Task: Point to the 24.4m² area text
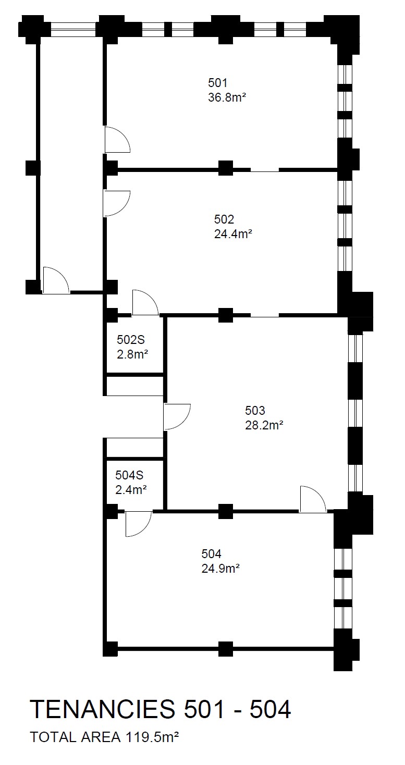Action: coord(233,234)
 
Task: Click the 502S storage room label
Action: coord(130,340)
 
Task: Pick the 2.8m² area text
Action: coord(132,354)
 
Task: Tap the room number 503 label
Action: coord(255,410)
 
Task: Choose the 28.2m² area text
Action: coord(264,425)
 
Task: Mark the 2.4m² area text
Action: coord(130,489)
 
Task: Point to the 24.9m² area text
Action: coord(220,568)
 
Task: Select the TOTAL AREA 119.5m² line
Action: coord(105,737)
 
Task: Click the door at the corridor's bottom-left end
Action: coord(56,281)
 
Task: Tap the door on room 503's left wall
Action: coord(176,416)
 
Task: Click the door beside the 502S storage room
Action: coord(145,303)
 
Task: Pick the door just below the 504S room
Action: coord(138,523)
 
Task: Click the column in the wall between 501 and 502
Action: coord(225,168)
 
